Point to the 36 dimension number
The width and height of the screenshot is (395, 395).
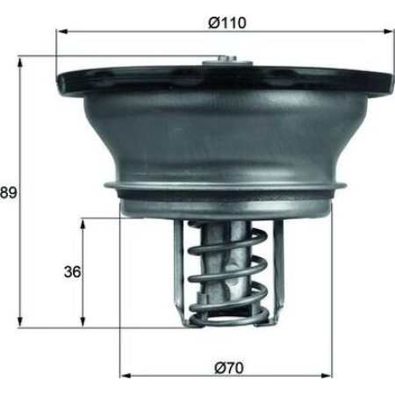coord(72,272)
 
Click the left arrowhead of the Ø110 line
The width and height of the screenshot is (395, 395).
coord(61,32)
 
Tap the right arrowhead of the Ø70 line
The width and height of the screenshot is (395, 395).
coord(331,375)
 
